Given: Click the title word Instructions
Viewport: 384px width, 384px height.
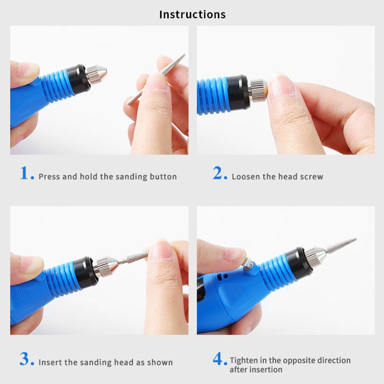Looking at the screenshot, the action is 192,14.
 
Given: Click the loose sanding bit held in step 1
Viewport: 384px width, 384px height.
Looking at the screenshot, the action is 157,79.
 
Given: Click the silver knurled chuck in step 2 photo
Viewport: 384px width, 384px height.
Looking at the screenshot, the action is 258,91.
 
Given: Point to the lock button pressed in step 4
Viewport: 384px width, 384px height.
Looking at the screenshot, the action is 249,267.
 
